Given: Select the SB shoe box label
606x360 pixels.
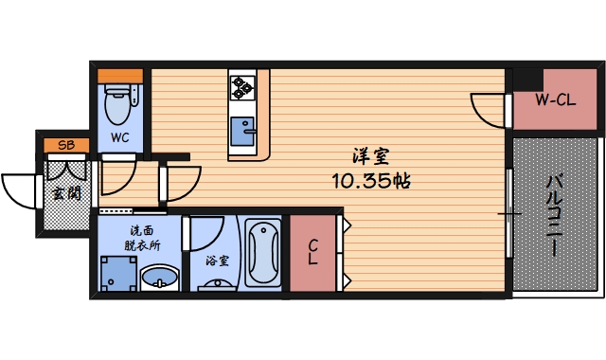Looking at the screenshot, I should pos(66,145).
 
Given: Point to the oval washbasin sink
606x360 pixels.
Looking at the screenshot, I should pos(160,279).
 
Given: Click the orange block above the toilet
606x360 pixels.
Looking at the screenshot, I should pos(120,75).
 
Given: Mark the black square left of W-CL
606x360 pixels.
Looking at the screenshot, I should pos(526,80).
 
